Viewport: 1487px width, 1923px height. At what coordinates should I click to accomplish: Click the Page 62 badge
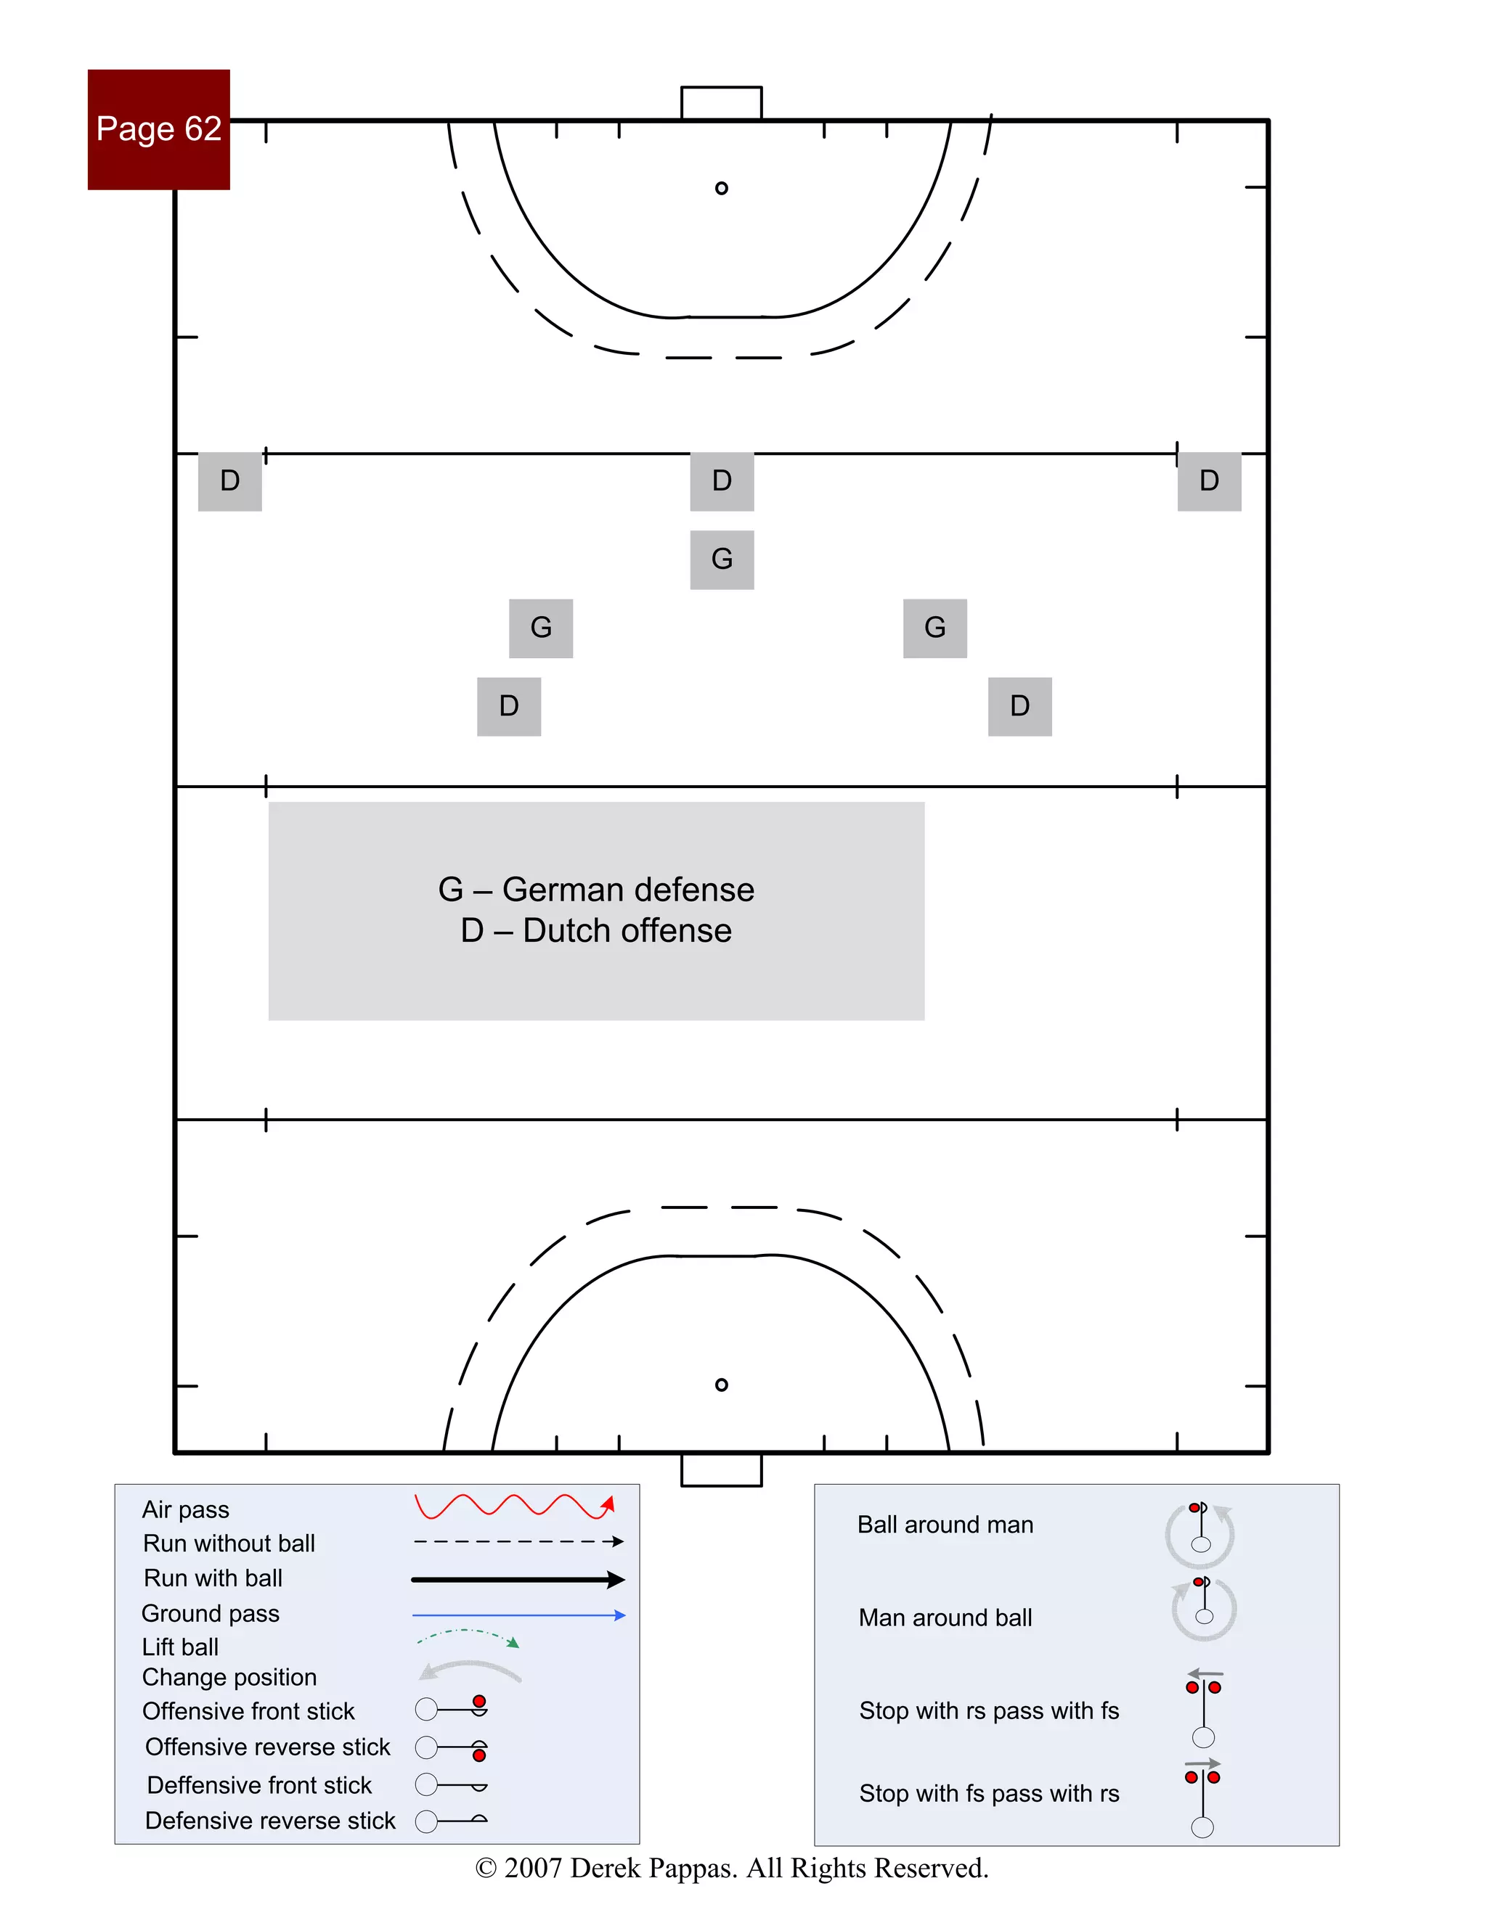pyautogui.click(x=158, y=129)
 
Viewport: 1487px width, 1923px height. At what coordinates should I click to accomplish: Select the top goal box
pyautogui.click(x=722, y=102)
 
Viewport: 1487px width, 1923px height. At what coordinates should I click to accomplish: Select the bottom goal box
pyautogui.click(x=722, y=1470)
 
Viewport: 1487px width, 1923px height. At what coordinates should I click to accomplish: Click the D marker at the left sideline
pyautogui.click(x=230, y=480)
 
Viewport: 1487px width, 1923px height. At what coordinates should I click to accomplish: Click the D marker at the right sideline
pyautogui.click(x=1209, y=480)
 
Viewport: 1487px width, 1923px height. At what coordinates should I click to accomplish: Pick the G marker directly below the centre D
pyautogui.click(x=722, y=559)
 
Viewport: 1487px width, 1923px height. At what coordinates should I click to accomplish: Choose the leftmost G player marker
pyautogui.click(x=541, y=628)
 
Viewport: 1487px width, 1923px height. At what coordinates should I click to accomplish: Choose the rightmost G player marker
pyautogui.click(x=934, y=628)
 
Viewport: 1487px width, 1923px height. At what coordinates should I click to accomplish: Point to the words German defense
pyautogui.click(x=628, y=890)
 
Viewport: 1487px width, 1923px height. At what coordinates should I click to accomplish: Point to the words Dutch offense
pyautogui.click(x=627, y=931)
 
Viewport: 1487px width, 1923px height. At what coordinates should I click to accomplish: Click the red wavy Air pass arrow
pyautogui.click(x=513, y=1506)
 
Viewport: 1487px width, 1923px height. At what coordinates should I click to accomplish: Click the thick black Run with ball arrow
pyautogui.click(x=518, y=1580)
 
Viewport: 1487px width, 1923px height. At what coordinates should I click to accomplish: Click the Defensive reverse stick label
pyautogui.click(x=270, y=1820)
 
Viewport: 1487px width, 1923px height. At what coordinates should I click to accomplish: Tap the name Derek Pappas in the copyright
pyautogui.click(x=653, y=1868)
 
